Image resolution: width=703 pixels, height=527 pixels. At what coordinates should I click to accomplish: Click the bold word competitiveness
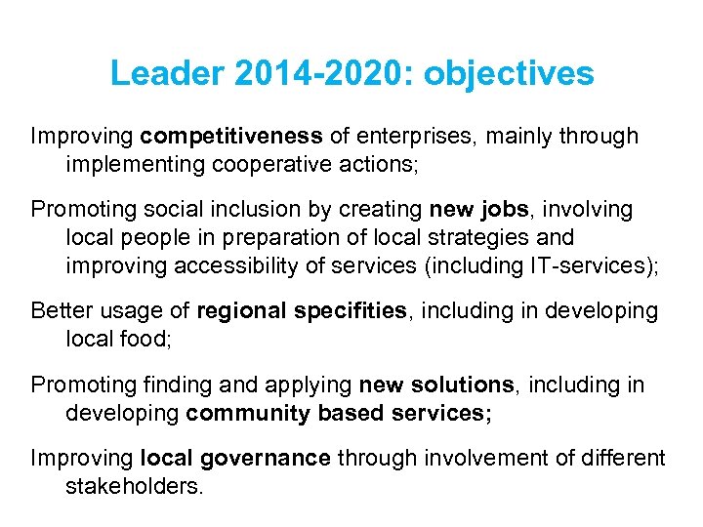pos(231,137)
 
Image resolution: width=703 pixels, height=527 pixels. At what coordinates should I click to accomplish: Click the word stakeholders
pos(134,486)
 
